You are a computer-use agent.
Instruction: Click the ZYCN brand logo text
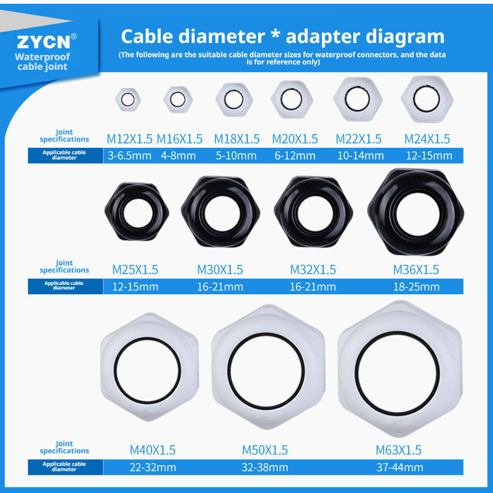pos(44,42)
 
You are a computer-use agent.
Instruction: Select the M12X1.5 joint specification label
pos(129,139)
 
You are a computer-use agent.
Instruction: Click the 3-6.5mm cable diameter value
pos(129,156)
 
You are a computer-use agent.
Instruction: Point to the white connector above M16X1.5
pos(178,100)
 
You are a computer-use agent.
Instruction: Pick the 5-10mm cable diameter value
pos(236,156)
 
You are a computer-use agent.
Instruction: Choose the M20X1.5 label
pos(295,139)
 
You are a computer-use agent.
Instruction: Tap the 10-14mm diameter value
pos(361,156)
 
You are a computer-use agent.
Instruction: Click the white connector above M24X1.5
pos(427,99)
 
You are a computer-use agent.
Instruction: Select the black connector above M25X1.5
pos(137,212)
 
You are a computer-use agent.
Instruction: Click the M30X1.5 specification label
pos(220,270)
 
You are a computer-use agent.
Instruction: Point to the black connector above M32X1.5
pos(313,212)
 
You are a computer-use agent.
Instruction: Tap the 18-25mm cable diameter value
pos(416,287)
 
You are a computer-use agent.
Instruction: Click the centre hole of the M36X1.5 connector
pos(417,214)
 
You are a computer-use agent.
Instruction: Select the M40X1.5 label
pos(152,450)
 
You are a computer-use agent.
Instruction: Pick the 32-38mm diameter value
pos(265,467)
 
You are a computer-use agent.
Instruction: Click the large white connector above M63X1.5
pos(400,369)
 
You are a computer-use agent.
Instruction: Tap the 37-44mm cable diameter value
pos(400,467)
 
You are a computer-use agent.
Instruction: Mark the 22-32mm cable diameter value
pos(153,467)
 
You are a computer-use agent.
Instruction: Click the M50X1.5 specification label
pos(265,450)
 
